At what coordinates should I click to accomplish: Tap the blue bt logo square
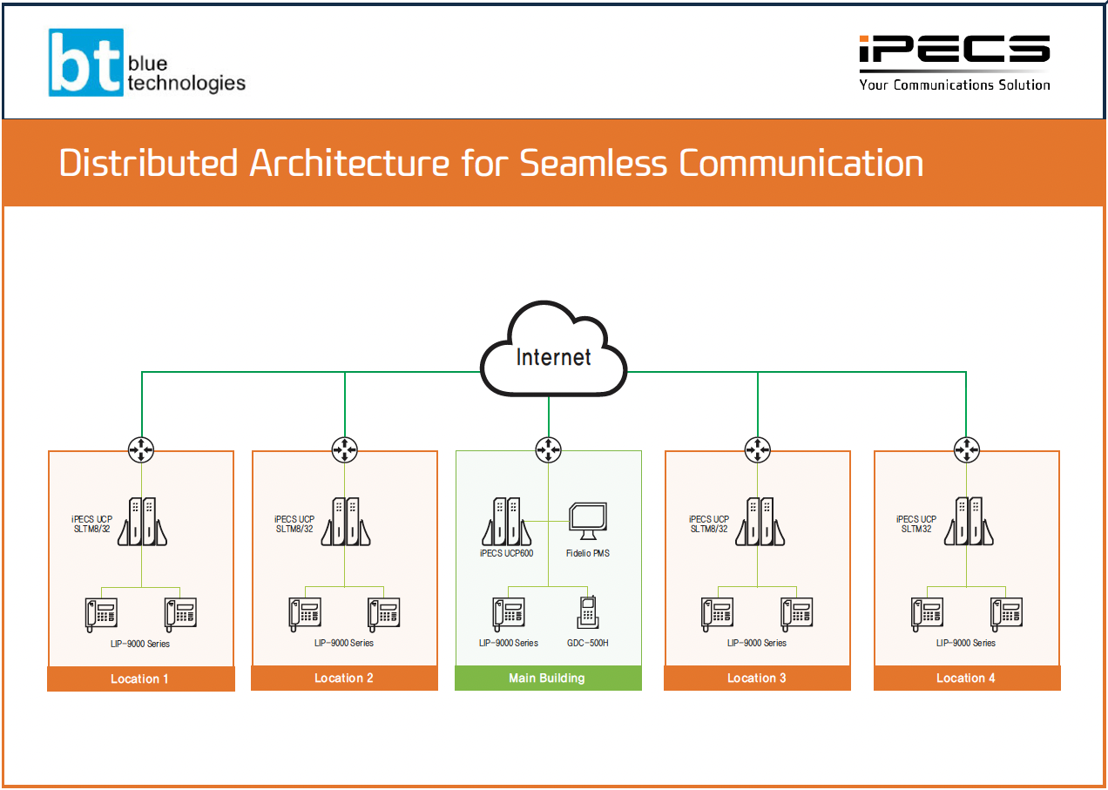tap(86, 63)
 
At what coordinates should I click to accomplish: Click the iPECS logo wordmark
tap(955, 51)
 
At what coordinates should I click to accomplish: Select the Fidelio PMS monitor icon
tap(588, 522)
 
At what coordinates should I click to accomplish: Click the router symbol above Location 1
tap(141, 449)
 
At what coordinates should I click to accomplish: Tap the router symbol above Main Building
tap(548, 449)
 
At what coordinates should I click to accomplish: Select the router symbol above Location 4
tap(965, 449)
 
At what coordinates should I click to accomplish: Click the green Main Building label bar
tap(548, 678)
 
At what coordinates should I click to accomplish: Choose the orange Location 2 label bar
tap(344, 678)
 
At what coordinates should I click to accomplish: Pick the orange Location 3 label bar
tap(757, 678)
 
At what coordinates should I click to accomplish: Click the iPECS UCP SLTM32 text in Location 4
tap(916, 523)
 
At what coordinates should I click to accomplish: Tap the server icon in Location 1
tap(142, 522)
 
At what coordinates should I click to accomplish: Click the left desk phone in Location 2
tap(305, 613)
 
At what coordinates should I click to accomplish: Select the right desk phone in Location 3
tap(797, 613)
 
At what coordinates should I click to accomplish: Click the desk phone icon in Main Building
tap(509, 613)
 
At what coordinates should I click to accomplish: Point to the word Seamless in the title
tap(595, 163)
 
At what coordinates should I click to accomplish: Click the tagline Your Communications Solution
tap(955, 84)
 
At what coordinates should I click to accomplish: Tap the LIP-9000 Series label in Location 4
tap(965, 643)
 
